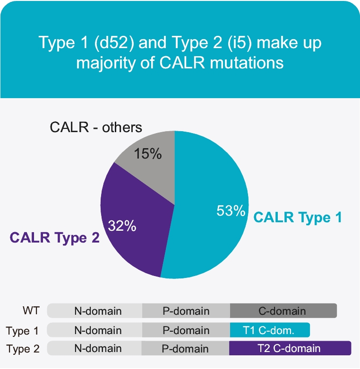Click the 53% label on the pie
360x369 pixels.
pyautogui.click(x=230, y=210)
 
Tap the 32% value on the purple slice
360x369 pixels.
pyautogui.click(x=122, y=226)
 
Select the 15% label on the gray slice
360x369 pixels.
pyautogui.click(x=148, y=154)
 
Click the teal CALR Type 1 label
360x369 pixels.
pyautogui.click(x=298, y=218)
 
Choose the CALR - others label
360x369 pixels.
pyautogui.click(x=96, y=127)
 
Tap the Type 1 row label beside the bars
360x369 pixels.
pyautogui.click(x=22, y=331)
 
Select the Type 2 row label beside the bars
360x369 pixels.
pyautogui.click(x=22, y=350)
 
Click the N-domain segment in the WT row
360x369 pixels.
pyautogui.click(x=98, y=311)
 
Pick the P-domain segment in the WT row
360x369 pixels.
pyautogui.click(x=186, y=311)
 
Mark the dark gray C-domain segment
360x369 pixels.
pyautogui.click(x=283, y=311)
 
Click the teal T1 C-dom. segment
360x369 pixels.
pyautogui.click(x=269, y=330)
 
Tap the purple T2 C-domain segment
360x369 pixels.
pyautogui.click(x=289, y=349)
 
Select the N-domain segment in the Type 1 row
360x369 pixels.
pyautogui.click(x=98, y=330)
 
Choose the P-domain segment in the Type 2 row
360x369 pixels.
pyautogui.click(x=185, y=349)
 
